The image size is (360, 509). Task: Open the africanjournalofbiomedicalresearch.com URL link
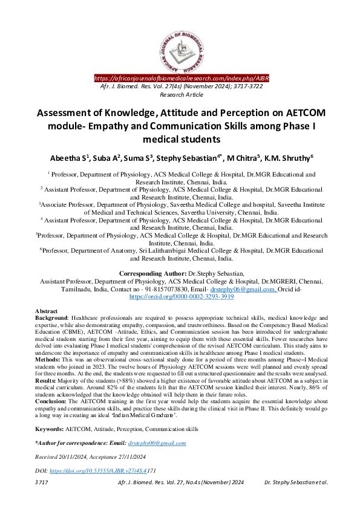pos(182,79)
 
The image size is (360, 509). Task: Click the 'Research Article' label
pos(180,95)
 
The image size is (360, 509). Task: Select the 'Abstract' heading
pos(47,311)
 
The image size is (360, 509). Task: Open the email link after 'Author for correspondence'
pos(157,443)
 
